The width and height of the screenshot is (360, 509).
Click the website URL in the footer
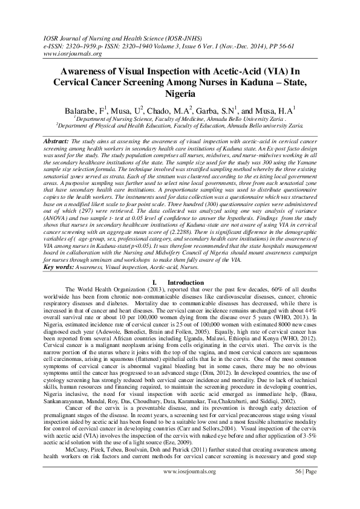click(187, 487)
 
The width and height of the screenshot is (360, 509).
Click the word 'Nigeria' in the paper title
click(180, 94)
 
